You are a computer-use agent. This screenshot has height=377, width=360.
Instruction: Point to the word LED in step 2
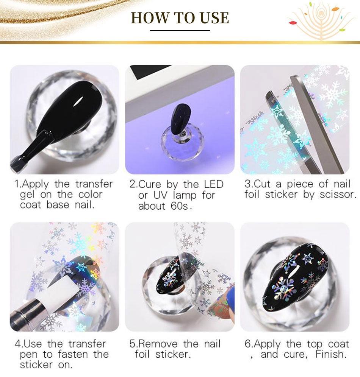(x=214, y=184)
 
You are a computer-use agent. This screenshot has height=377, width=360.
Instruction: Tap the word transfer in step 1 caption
(x=94, y=184)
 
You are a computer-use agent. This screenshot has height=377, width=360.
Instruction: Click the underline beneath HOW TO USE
(x=180, y=31)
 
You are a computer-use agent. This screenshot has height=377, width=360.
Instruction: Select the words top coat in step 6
(x=328, y=344)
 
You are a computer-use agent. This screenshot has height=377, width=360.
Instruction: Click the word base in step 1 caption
(x=58, y=205)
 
